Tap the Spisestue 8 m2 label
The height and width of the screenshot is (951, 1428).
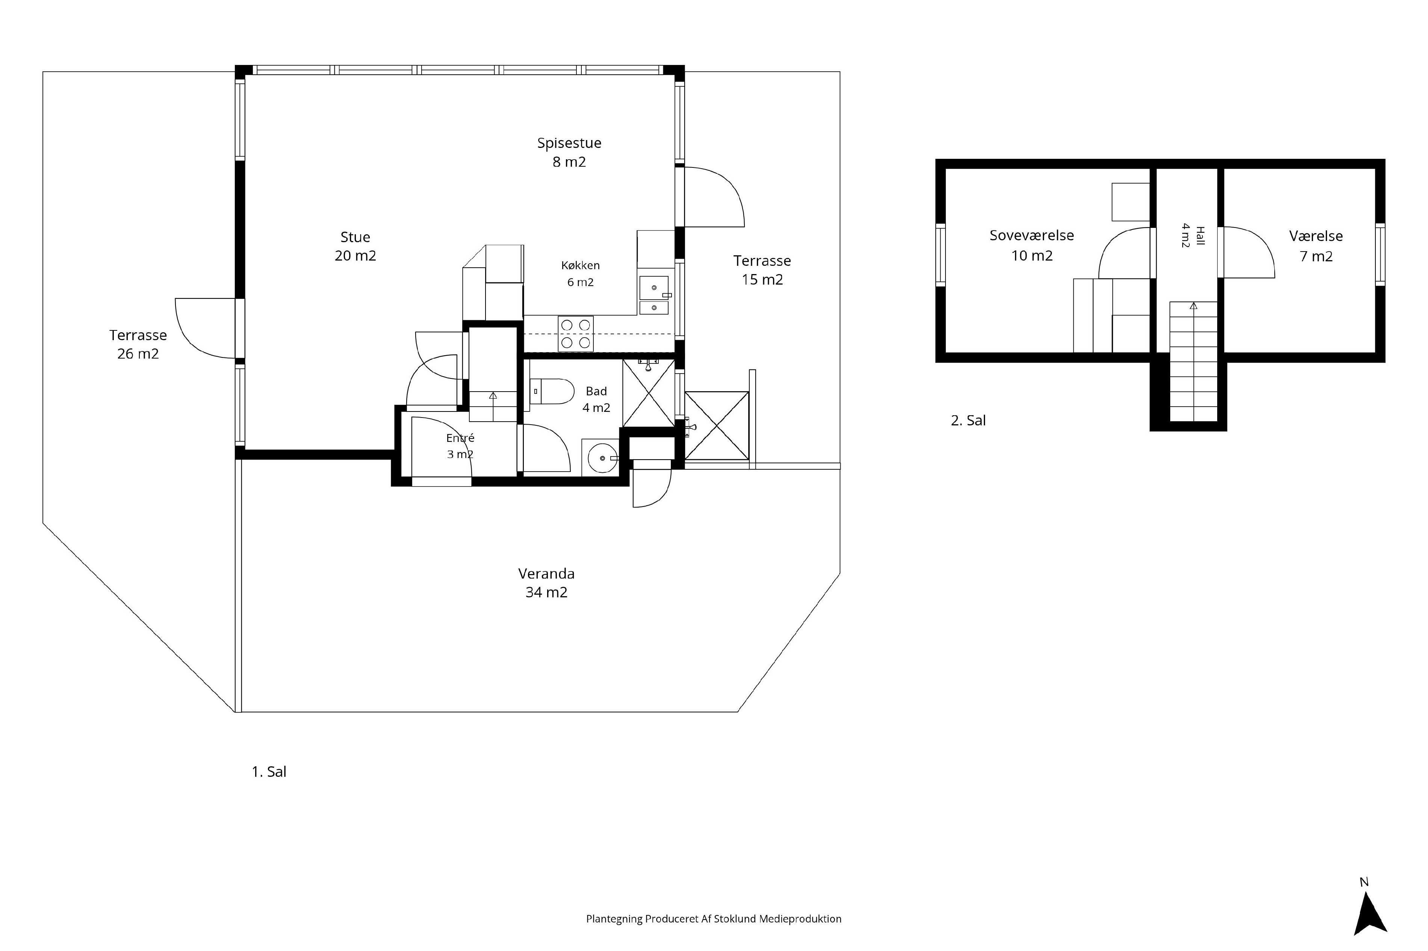(569, 152)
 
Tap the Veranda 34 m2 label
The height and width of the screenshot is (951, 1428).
(546, 582)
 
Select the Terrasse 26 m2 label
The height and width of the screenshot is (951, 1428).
(138, 344)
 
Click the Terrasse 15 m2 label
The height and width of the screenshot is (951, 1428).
(762, 270)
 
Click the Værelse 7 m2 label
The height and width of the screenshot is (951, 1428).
(1316, 246)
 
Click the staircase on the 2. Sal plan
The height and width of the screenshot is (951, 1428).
(1193, 362)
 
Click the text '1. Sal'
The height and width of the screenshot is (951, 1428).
(269, 772)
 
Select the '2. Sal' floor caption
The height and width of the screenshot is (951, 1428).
(968, 420)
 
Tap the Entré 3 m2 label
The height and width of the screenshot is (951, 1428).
(460, 446)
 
